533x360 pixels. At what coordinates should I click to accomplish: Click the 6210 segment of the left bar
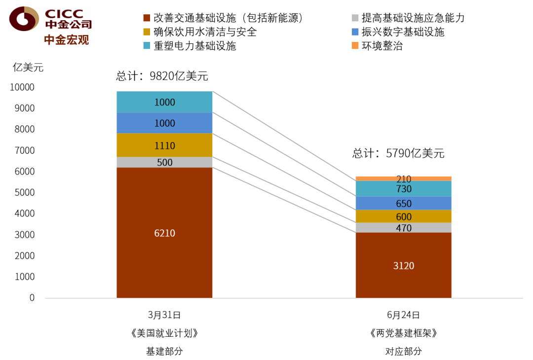164,233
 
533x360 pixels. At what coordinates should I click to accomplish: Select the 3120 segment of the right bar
404,265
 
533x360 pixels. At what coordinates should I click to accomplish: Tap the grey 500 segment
164,162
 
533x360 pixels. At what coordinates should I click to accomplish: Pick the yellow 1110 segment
164,145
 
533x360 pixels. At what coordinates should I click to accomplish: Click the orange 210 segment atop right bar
404,179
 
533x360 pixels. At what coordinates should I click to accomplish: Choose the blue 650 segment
404,203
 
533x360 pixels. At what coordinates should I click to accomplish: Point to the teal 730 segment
404,189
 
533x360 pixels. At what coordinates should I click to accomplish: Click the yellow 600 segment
404,216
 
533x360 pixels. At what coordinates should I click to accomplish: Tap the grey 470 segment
404,227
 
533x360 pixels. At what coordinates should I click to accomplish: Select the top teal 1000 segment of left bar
164,102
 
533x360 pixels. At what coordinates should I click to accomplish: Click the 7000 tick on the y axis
25,150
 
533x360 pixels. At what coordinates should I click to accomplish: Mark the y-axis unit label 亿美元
28,67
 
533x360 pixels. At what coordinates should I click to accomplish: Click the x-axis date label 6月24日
404,315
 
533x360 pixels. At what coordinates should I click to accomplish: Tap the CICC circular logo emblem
24,19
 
